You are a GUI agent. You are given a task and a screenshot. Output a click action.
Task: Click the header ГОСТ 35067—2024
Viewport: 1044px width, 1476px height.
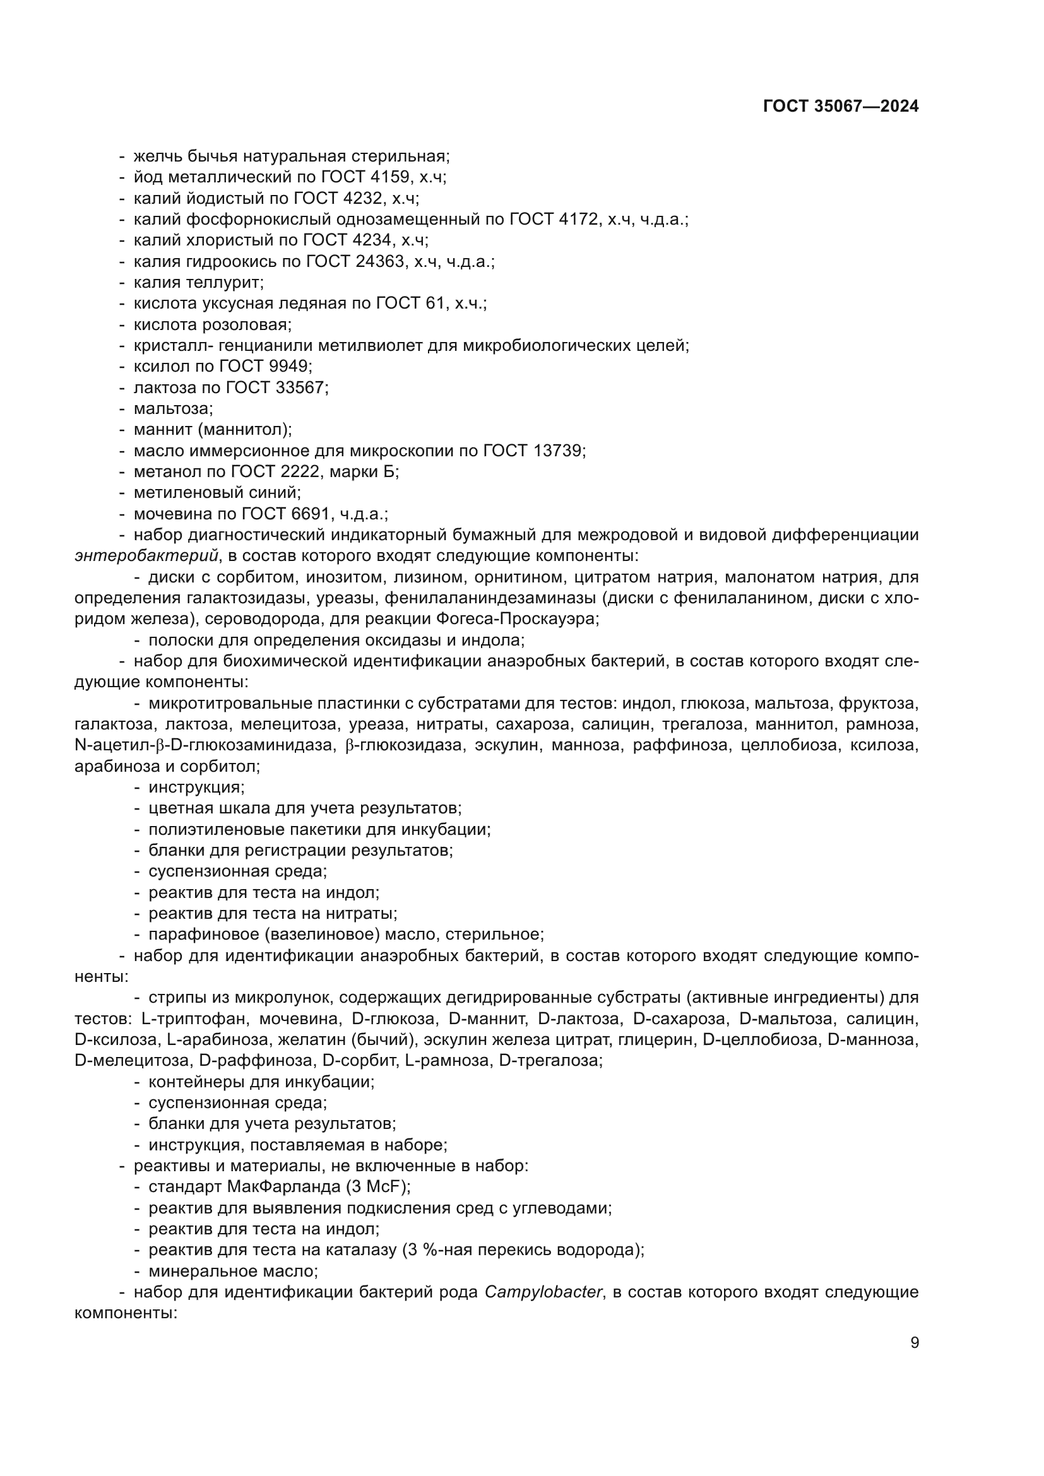[x=841, y=107]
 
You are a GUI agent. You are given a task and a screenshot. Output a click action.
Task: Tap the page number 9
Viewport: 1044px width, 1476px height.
[x=914, y=1343]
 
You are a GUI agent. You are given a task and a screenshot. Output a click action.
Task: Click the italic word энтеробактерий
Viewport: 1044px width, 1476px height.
[x=146, y=556]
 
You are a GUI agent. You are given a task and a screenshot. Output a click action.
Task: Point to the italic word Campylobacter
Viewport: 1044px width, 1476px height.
[x=543, y=1292]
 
